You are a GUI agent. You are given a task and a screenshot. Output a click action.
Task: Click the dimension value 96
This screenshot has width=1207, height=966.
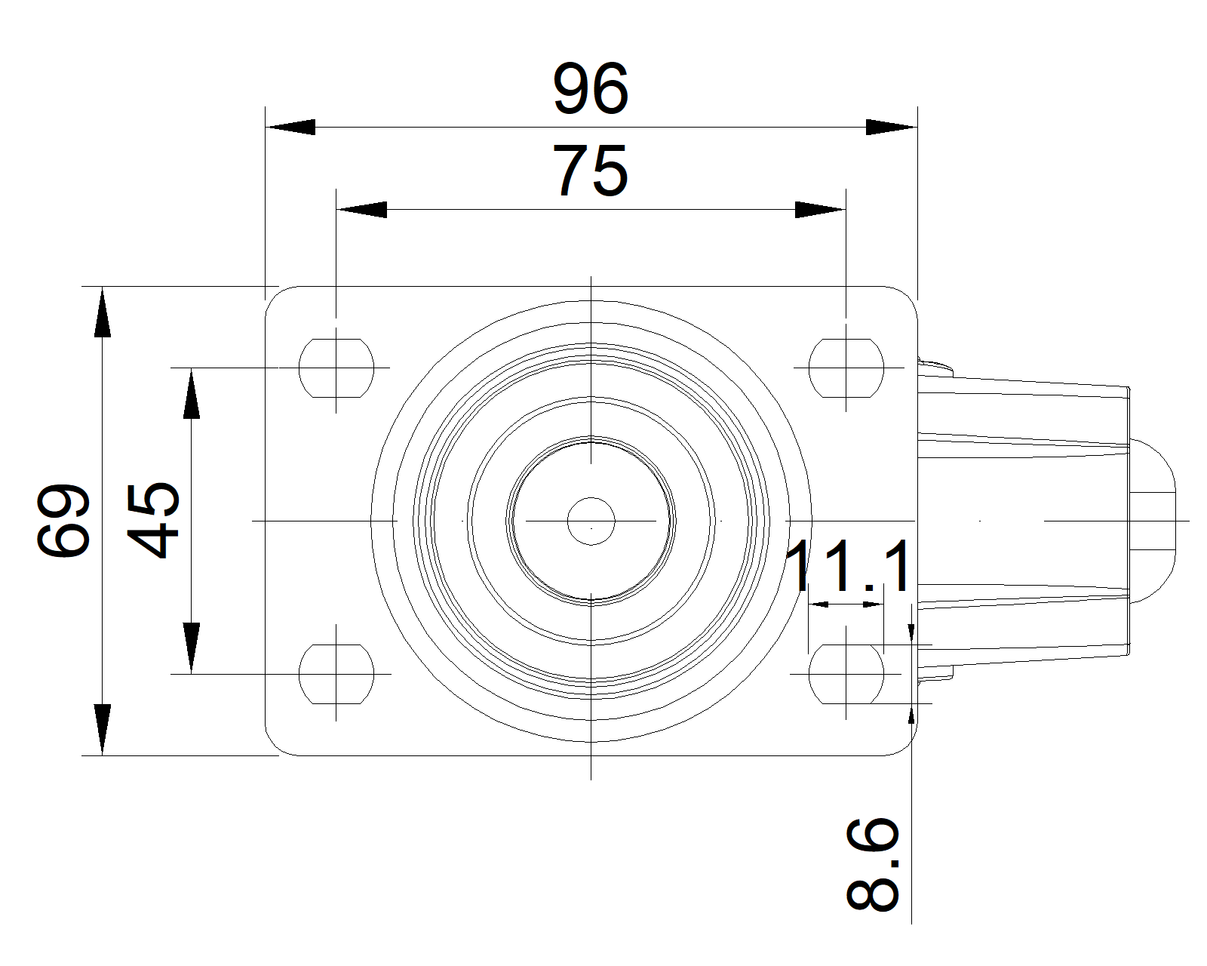coord(591,89)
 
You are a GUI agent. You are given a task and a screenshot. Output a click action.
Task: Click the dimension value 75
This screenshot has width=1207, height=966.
coord(590,171)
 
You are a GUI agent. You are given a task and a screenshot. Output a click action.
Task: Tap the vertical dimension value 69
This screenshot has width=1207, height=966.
coord(63,520)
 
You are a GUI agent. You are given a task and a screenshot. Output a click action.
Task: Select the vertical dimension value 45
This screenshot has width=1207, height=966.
coord(152,520)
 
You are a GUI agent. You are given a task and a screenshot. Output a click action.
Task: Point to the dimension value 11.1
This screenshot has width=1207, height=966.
coord(849,566)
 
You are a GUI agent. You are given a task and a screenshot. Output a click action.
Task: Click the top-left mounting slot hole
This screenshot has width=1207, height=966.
coord(336,368)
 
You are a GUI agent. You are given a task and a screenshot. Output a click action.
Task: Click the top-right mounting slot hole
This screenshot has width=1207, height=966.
coord(846,368)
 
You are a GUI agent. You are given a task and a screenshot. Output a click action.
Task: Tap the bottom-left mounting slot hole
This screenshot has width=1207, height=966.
coord(336,674)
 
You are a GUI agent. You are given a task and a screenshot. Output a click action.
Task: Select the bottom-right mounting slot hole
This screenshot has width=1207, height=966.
coord(846,674)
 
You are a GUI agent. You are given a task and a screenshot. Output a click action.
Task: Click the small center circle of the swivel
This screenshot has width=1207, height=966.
coord(591,521)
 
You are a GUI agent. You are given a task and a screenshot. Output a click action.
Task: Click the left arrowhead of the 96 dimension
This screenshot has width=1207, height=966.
coord(290,127)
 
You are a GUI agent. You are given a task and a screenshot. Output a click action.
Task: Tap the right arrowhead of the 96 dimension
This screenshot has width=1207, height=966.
coord(892,127)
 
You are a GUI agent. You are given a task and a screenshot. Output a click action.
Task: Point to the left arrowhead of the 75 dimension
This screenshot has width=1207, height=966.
coord(362,209)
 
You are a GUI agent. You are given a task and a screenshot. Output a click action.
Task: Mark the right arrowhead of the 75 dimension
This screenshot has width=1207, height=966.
coord(821,209)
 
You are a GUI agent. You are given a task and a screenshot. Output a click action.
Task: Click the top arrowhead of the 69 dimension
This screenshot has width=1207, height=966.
coord(102,312)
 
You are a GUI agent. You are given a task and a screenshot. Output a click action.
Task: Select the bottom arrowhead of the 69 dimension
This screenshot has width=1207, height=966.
coord(102,730)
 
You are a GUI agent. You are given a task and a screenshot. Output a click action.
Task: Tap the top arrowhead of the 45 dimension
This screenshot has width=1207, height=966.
coord(192,393)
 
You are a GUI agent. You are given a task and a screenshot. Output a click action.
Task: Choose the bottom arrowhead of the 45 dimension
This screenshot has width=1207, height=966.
coord(192,648)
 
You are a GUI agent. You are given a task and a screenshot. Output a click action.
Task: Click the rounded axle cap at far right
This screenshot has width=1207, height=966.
coord(1153,521)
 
